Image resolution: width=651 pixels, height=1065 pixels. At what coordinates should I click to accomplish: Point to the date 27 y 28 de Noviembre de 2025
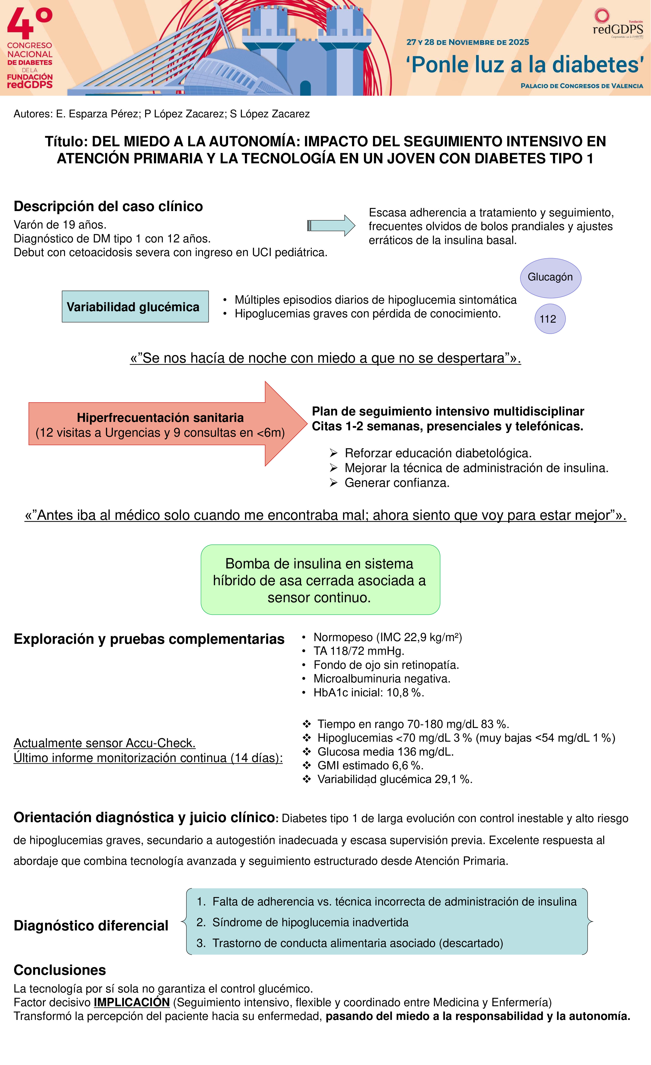[467, 42]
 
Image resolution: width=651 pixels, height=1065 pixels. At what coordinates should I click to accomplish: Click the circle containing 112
[549, 319]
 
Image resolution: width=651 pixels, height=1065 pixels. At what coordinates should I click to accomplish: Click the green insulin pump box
[320, 580]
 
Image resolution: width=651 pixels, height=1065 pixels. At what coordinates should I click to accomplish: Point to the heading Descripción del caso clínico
[108, 206]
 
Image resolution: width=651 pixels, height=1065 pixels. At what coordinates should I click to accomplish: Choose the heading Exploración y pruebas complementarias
[149, 639]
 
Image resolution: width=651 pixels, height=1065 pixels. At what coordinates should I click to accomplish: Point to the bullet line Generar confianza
[397, 483]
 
